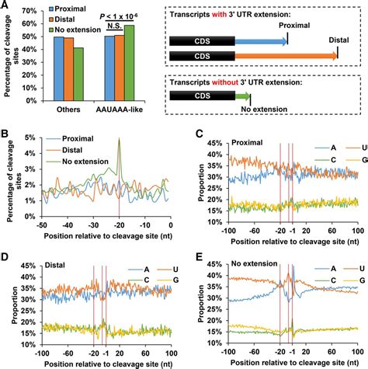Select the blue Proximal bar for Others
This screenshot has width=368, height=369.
(57, 78)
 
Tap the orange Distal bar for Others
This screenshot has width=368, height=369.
(68, 78)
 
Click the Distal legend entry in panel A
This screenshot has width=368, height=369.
(68, 22)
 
